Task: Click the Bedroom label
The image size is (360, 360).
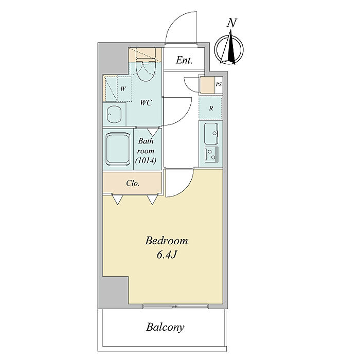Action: [167, 241]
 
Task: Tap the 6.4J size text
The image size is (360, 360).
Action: [167, 255]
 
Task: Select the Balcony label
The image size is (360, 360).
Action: [165, 327]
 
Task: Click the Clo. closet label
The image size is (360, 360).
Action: [133, 183]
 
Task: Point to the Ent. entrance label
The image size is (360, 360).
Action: [184, 60]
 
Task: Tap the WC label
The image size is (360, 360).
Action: [146, 102]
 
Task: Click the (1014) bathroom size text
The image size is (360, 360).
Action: [146, 160]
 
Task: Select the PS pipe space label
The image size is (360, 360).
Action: [219, 84]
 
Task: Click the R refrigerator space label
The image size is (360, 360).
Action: [211, 109]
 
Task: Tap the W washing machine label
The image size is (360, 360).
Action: [123, 89]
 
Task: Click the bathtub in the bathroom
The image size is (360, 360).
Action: [118, 149]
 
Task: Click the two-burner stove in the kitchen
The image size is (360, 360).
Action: [211, 154]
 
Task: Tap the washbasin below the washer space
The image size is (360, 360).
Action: [114, 115]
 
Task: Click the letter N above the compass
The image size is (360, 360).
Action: [232, 23]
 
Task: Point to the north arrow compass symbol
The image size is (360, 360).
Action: [229, 49]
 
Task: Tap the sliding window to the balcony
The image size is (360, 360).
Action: [176, 307]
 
